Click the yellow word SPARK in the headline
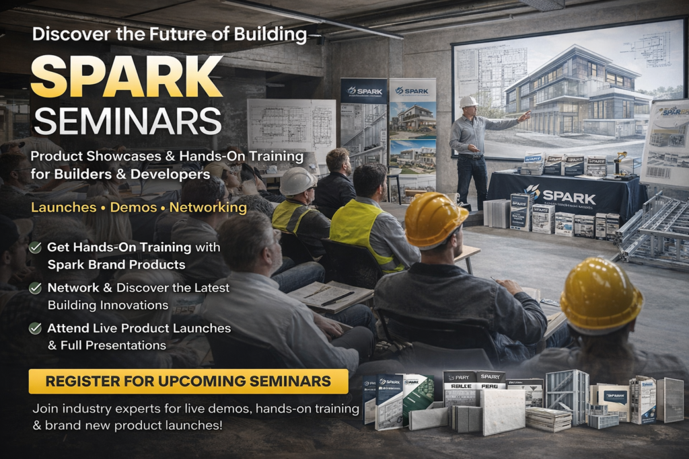click(126, 76)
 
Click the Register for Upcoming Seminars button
click(188, 382)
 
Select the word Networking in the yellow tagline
click(208, 208)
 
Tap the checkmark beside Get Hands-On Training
click(36, 247)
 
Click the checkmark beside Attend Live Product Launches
click(36, 329)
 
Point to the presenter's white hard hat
click(469, 101)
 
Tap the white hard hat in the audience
click(298, 181)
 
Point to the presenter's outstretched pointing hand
click(525, 116)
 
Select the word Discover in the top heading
click(63, 34)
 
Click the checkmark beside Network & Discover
click(36, 288)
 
